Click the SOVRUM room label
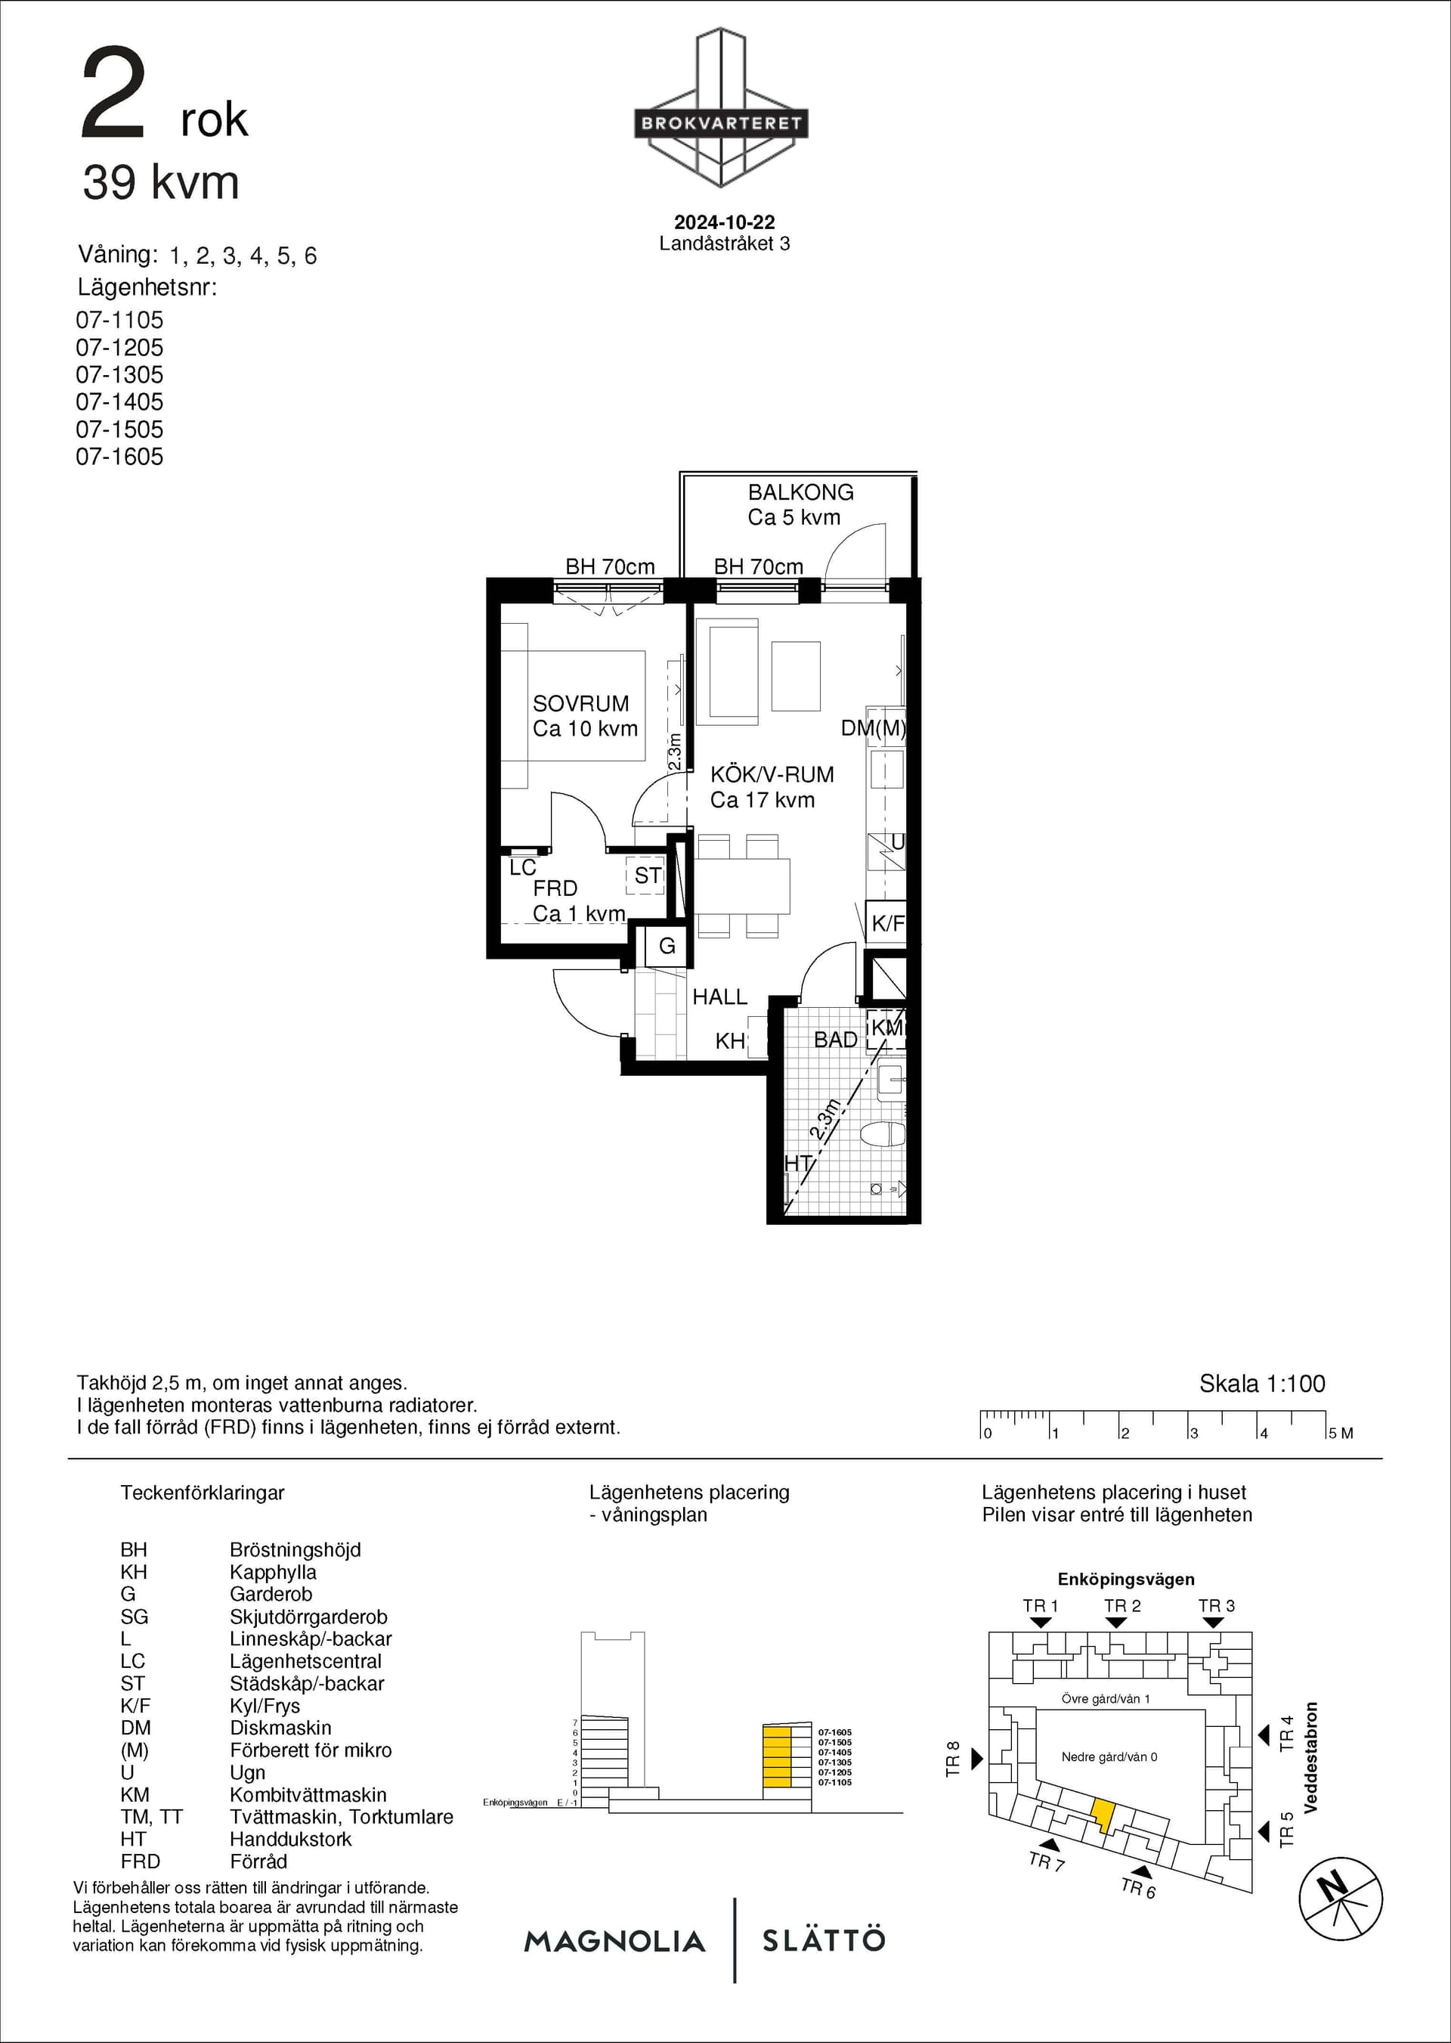point(580,703)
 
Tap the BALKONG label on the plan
point(800,492)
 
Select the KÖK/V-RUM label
point(772,774)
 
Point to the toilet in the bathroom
point(883,1134)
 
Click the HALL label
point(719,997)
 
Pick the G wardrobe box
point(667,946)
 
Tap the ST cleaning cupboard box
point(647,876)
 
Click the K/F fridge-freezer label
point(887,923)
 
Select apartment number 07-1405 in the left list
point(119,402)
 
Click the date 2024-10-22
point(725,222)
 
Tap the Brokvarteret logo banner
point(721,123)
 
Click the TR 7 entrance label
point(1046,1862)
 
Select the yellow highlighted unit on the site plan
point(1103,1811)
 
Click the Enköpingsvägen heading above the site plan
point(1126,1580)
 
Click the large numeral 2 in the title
point(113,94)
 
